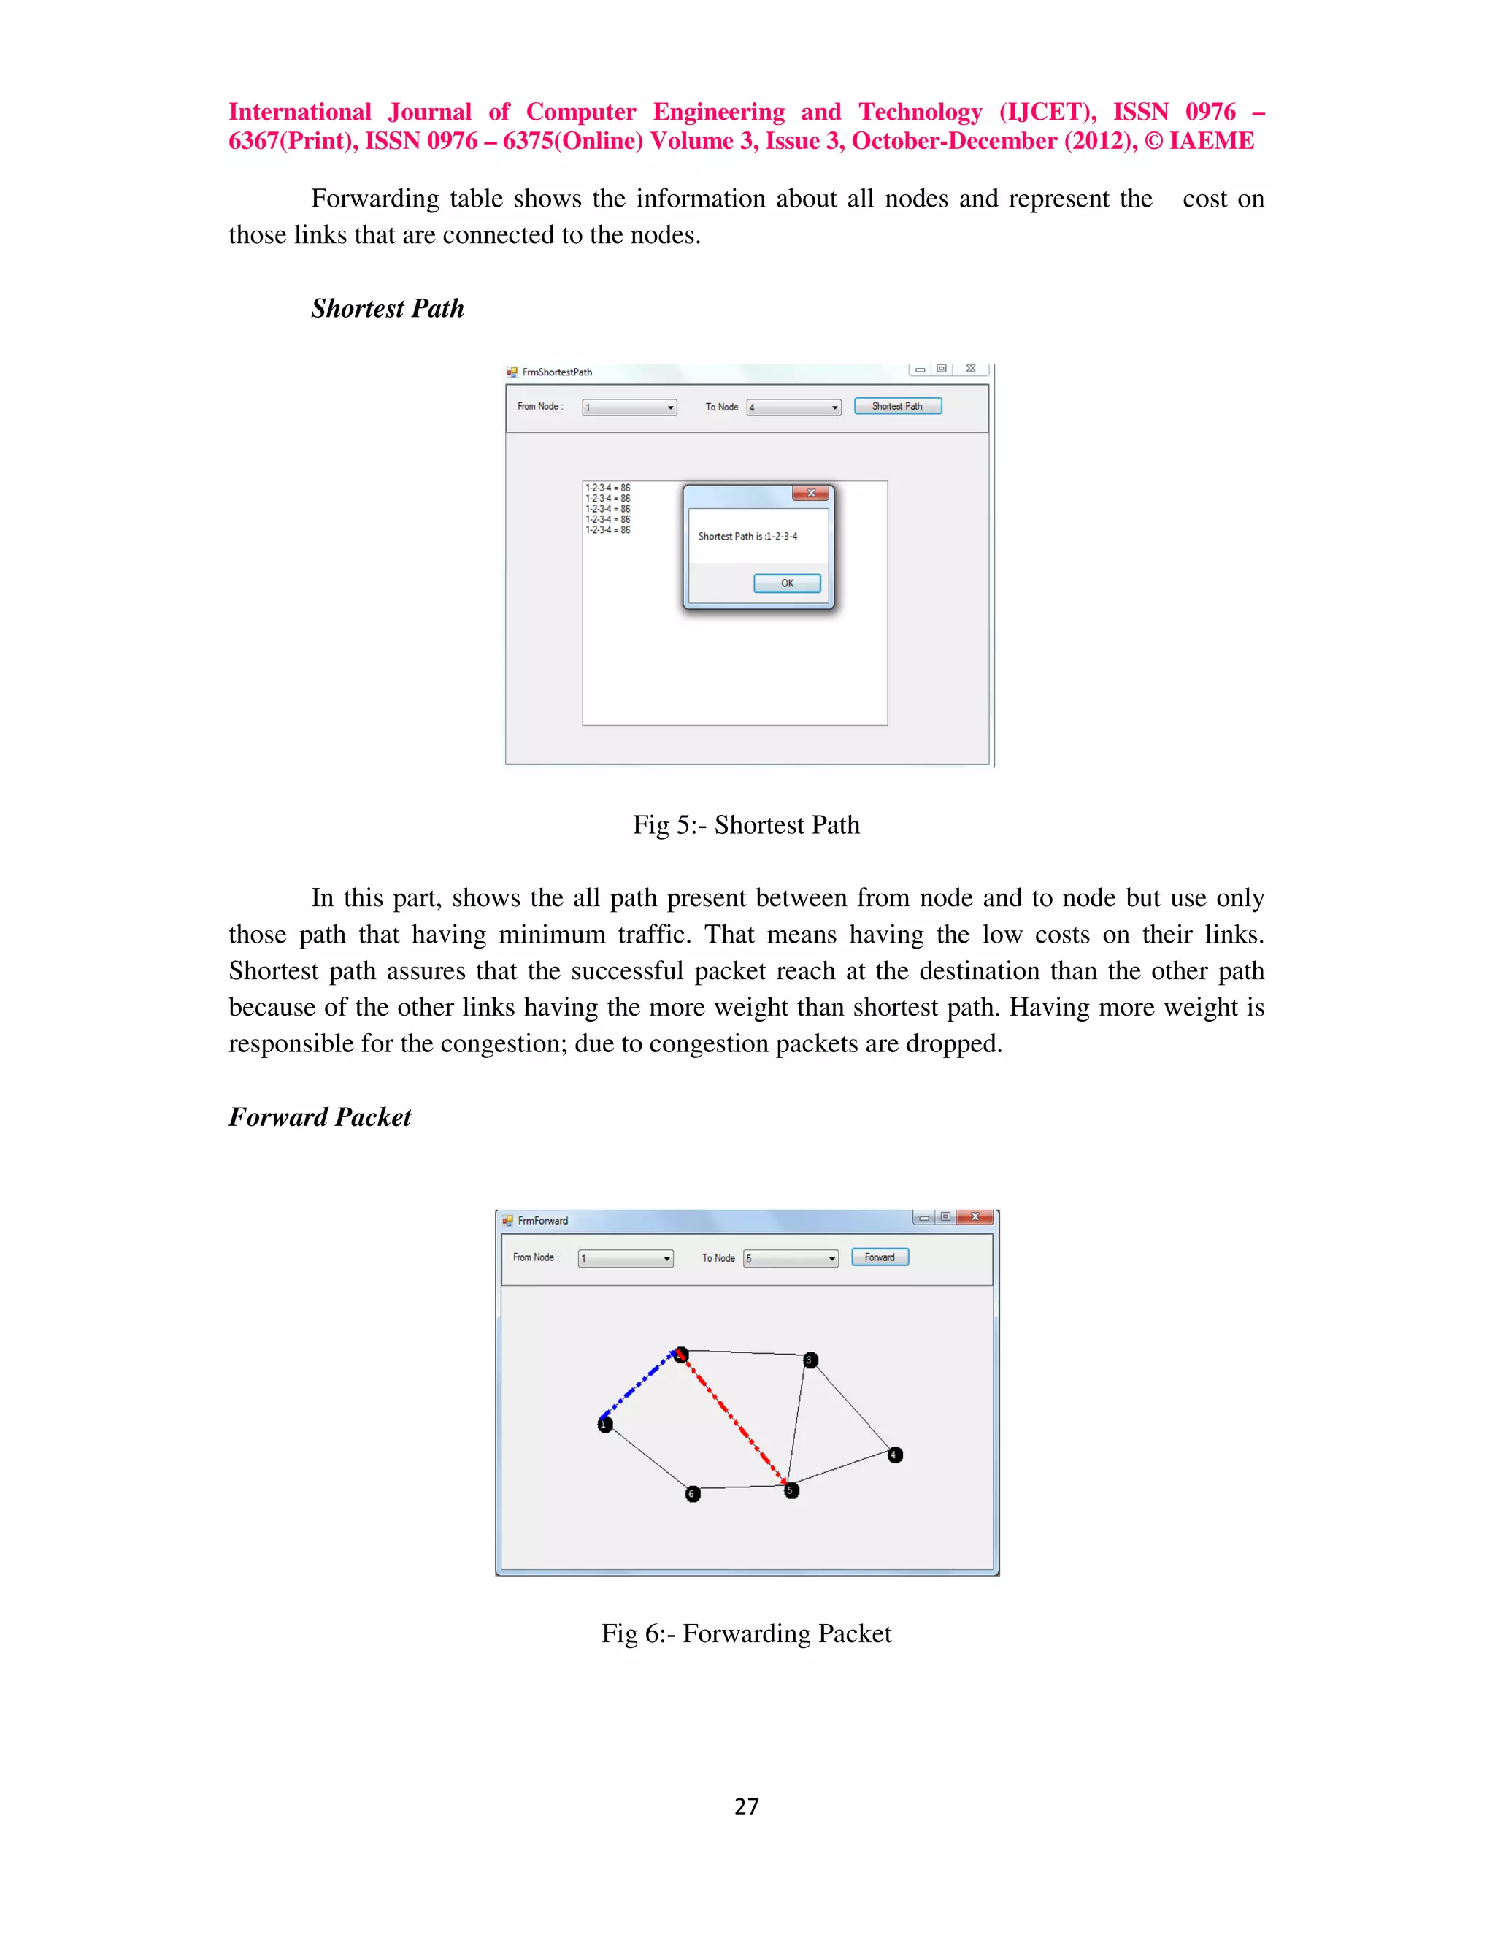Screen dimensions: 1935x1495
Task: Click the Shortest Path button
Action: pos(897,406)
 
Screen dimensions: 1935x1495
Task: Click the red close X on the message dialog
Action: pos(810,493)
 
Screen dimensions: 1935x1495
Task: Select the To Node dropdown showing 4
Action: pos(793,407)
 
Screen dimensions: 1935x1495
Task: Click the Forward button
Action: pos(880,1257)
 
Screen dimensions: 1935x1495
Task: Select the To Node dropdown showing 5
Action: pos(791,1258)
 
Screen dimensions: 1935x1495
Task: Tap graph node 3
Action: pos(810,1360)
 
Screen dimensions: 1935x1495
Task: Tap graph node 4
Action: pos(894,1455)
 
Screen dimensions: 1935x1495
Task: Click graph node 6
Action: pos(693,1494)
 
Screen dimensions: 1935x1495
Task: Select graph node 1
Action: pos(605,1425)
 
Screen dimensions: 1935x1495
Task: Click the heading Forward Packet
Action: pos(320,1117)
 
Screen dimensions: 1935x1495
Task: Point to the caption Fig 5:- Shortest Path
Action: pos(746,825)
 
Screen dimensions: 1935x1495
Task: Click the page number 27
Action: pos(747,1806)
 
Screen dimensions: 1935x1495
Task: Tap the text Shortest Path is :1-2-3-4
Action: pos(747,536)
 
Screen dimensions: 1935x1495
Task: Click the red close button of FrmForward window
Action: pos(975,1217)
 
